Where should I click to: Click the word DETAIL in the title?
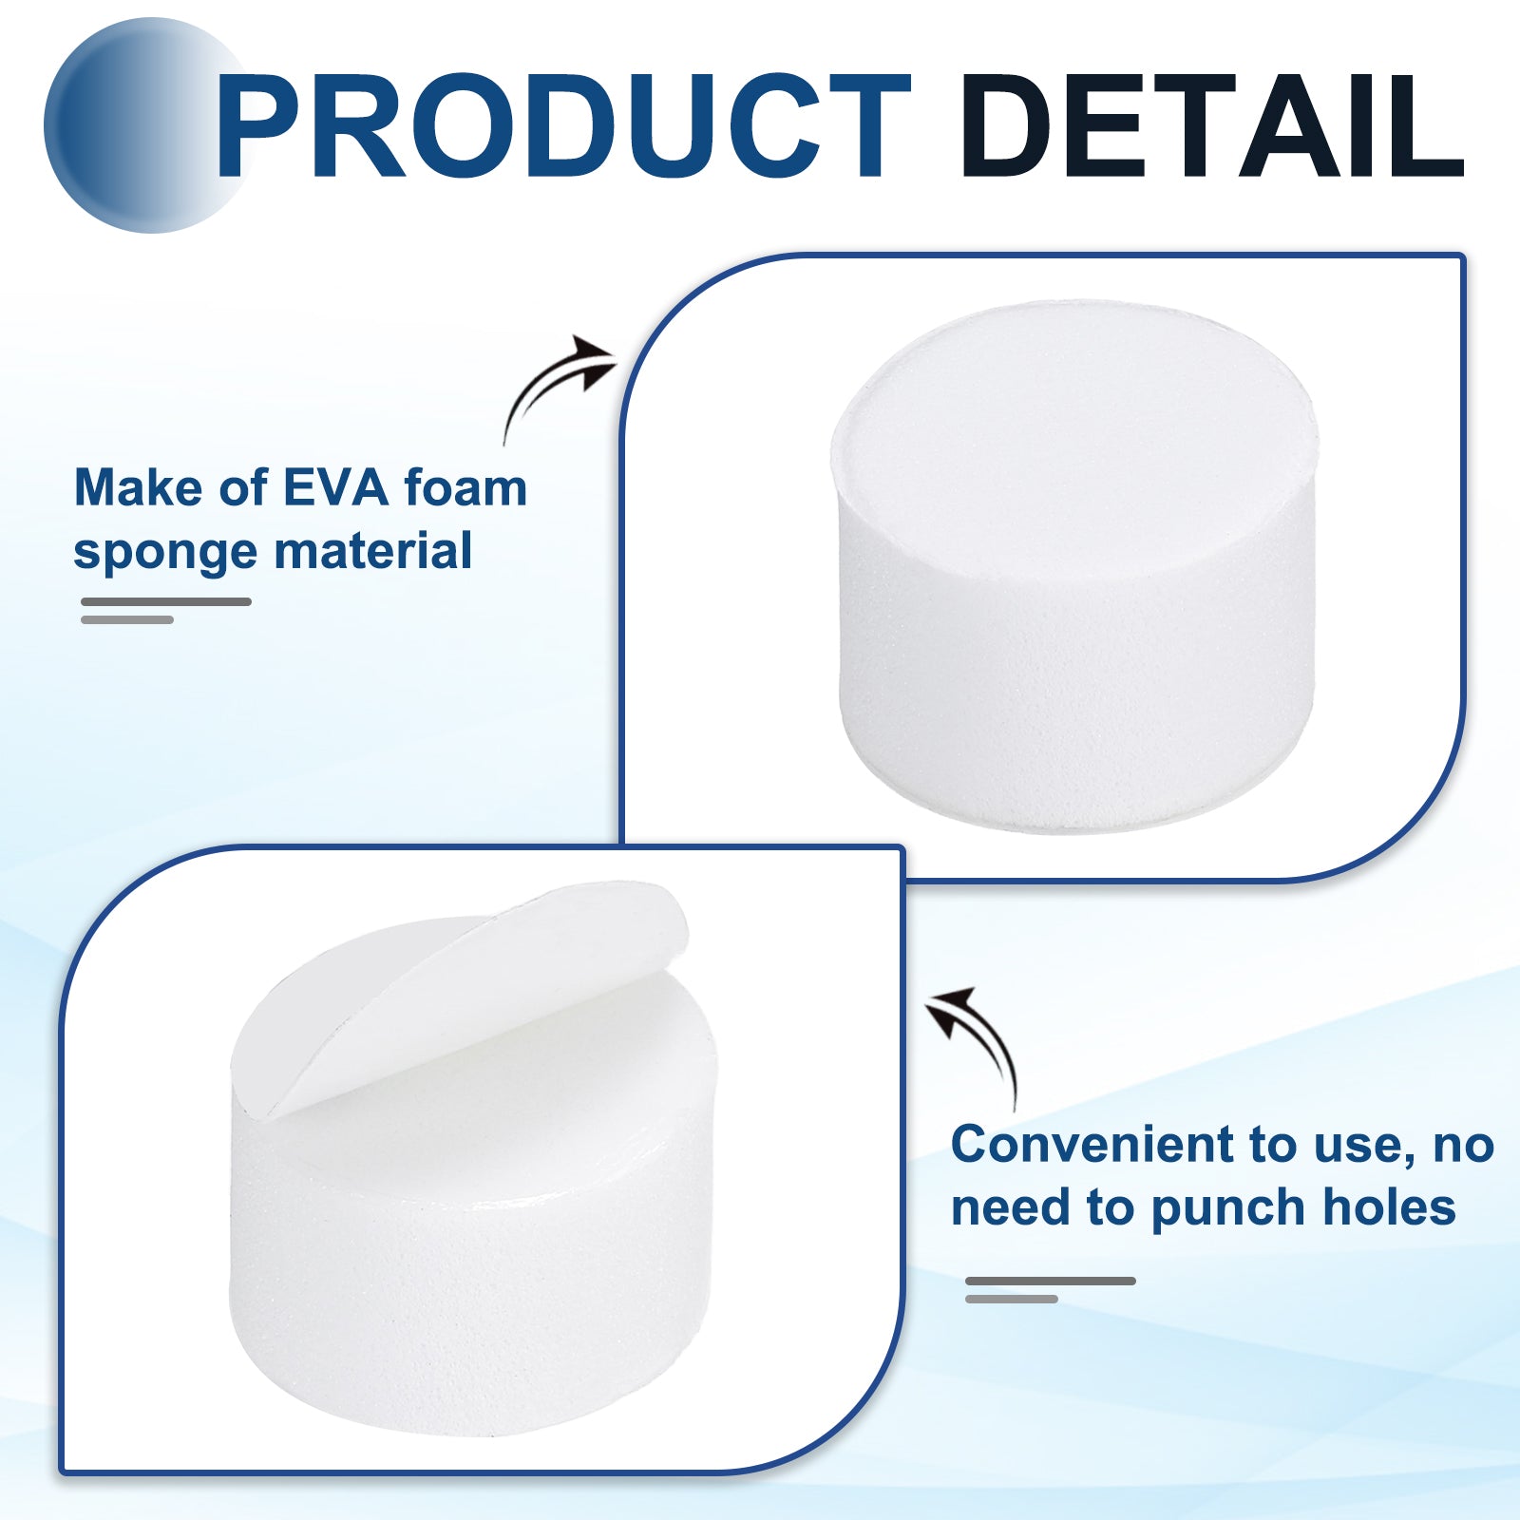pyautogui.click(x=1213, y=126)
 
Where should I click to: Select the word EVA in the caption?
pyautogui.click(x=336, y=488)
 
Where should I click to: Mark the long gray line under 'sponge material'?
pyautogui.click(x=166, y=601)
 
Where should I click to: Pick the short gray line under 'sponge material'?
pyautogui.click(x=127, y=620)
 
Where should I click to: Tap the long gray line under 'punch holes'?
pyautogui.click(x=1051, y=1281)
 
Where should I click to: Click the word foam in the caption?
pyautogui.click(x=465, y=488)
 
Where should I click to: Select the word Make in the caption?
pyautogui.click(x=139, y=488)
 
